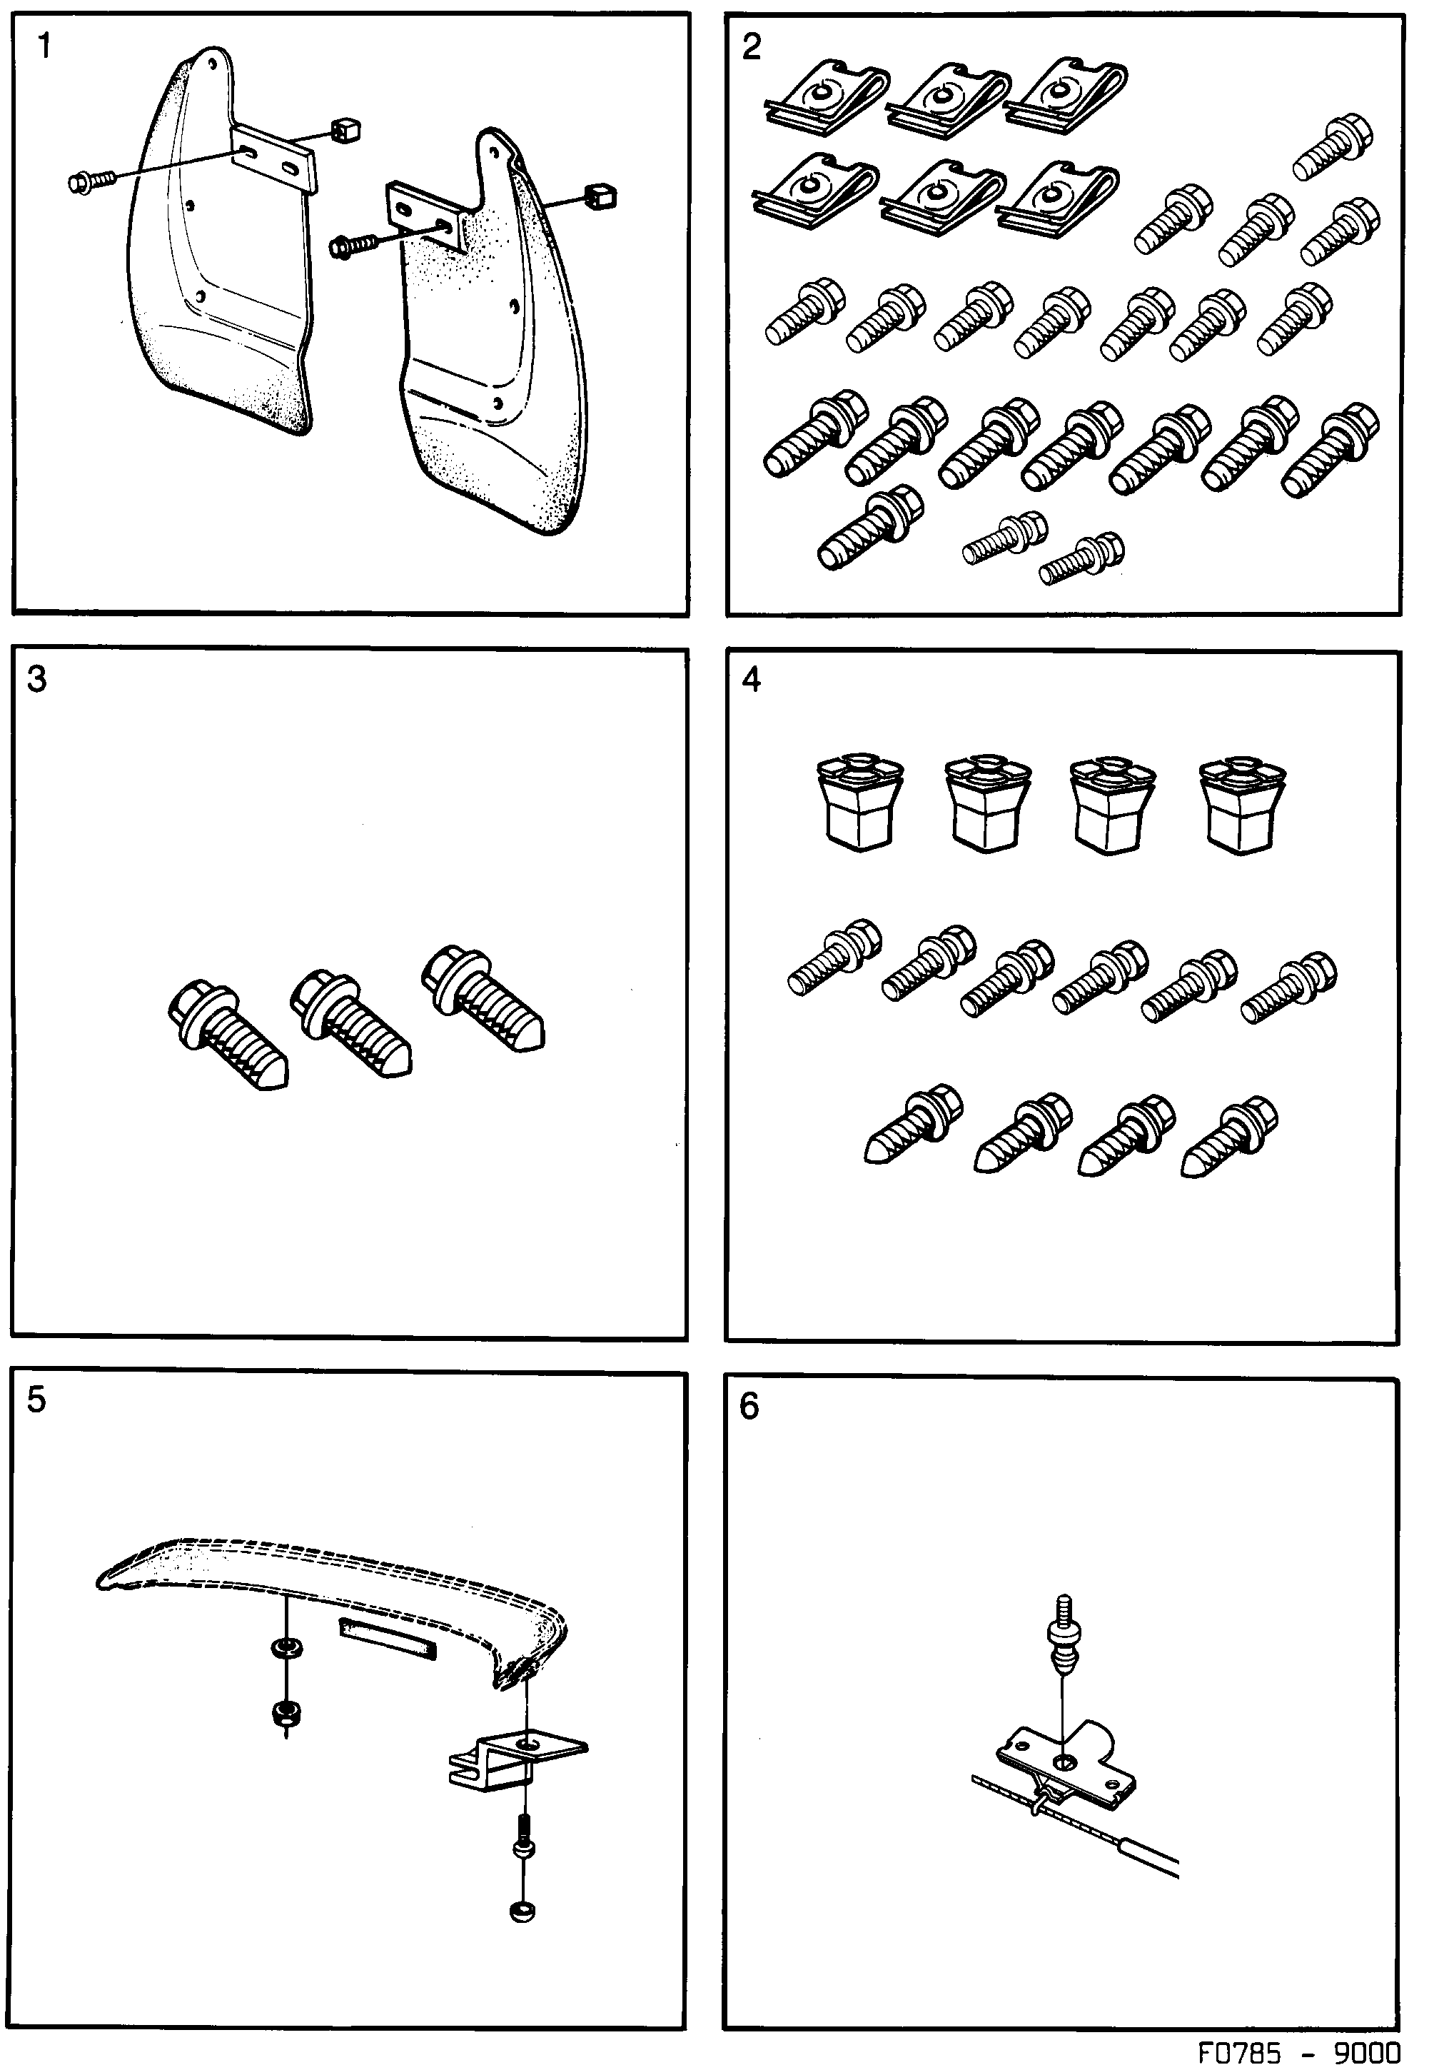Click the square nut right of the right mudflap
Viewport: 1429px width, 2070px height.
point(599,196)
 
